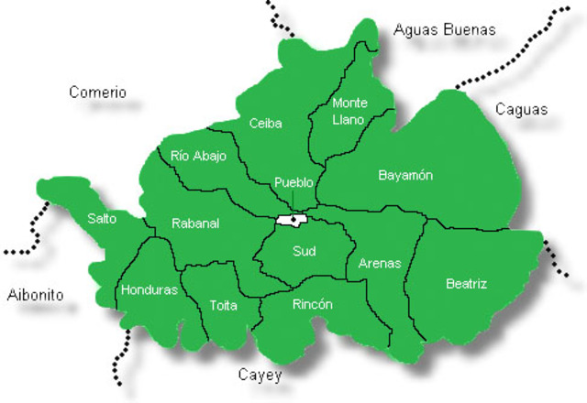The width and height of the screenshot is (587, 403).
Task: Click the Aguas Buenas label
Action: (445, 29)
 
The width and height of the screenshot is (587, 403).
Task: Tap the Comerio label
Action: (98, 93)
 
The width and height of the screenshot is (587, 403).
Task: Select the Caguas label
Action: (521, 110)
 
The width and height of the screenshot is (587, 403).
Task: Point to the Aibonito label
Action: (35, 295)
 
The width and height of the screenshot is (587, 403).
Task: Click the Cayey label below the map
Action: (260, 376)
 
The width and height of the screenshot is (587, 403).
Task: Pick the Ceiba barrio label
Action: (265, 124)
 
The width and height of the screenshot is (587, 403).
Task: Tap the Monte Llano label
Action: (349, 111)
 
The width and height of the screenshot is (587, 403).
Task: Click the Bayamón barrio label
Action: (405, 175)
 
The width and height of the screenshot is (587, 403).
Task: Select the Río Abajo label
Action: (198, 156)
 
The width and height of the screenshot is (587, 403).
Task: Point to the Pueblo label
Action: (293, 182)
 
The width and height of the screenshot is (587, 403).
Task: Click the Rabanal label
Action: (195, 223)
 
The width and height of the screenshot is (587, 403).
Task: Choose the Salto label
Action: (102, 218)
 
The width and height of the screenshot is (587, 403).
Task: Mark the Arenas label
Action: (380, 263)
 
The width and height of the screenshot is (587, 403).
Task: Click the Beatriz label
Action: (466, 284)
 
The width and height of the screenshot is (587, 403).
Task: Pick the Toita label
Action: (223, 305)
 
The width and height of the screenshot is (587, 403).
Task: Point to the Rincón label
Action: (312, 304)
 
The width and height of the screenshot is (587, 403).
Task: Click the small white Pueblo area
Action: (283, 220)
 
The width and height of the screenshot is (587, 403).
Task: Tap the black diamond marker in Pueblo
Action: (293, 220)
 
